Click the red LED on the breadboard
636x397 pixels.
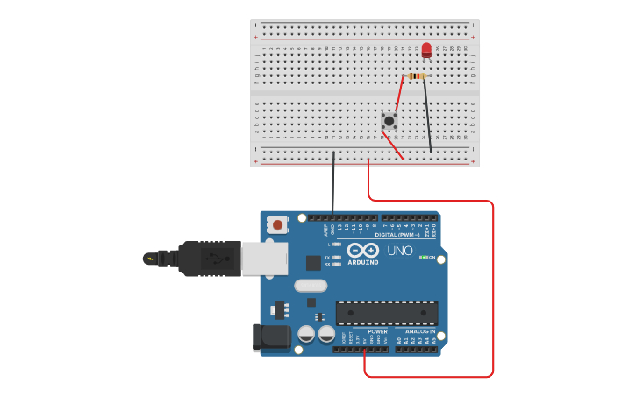pyautogui.click(x=426, y=49)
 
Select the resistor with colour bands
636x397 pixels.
pyautogui.click(x=416, y=76)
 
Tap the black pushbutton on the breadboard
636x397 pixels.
pyautogui.click(x=389, y=120)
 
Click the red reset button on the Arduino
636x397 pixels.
pyautogui.click(x=278, y=224)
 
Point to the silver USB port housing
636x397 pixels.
pyautogui.click(x=264, y=259)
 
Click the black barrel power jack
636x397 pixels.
pyautogui.click(x=271, y=337)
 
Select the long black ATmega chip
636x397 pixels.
pyautogui.click(x=387, y=313)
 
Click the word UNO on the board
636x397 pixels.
pyautogui.click(x=399, y=251)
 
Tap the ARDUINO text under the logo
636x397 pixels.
pyautogui.click(x=362, y=262)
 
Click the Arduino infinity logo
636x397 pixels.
pyautogui.click(x=362, y=250)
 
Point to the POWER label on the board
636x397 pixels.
pyautogui.click(x=377, y=331)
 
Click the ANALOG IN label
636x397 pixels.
pyautogui.click(x=420, y=331)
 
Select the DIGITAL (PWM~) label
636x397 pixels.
pyautogui.click(x=396, y=235)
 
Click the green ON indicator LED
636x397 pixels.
pyautogui.click(x=424, y=257)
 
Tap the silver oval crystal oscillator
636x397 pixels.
pyautogui.click(x=311, y=285)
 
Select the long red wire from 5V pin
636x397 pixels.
pyautogui.click(x=492, y=289)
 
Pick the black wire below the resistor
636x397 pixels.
pyautogui.click(x=427, y=114)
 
